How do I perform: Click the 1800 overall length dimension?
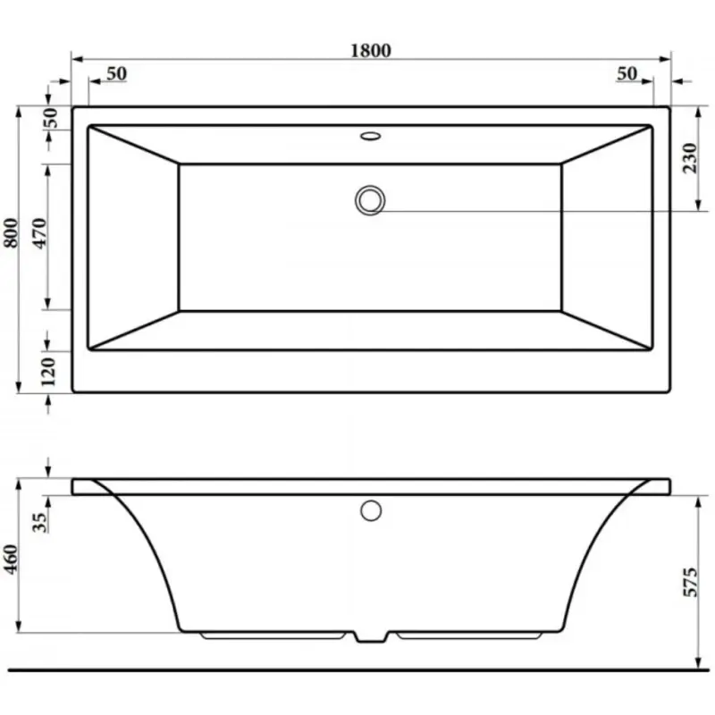click(371, 50)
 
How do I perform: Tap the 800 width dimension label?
click(11, 233)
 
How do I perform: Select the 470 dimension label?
click(40, 233)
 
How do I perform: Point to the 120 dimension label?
click(47, 372)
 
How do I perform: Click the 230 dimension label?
click(690, 158)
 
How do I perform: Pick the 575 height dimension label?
click(690, 582)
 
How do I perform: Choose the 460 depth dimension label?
click(11, 559)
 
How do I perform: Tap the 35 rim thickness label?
click(39, 523)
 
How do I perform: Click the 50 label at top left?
click(116, 73)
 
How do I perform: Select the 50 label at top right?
click(627, 73)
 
